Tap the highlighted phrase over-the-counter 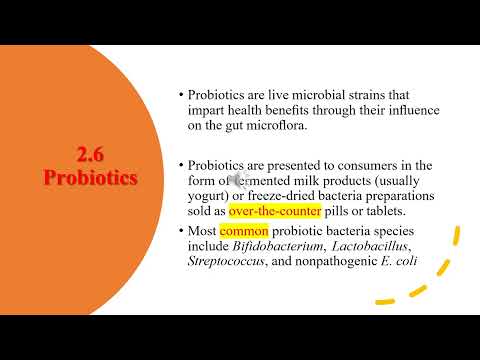tap(275, 212)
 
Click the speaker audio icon tap(241, 181)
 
